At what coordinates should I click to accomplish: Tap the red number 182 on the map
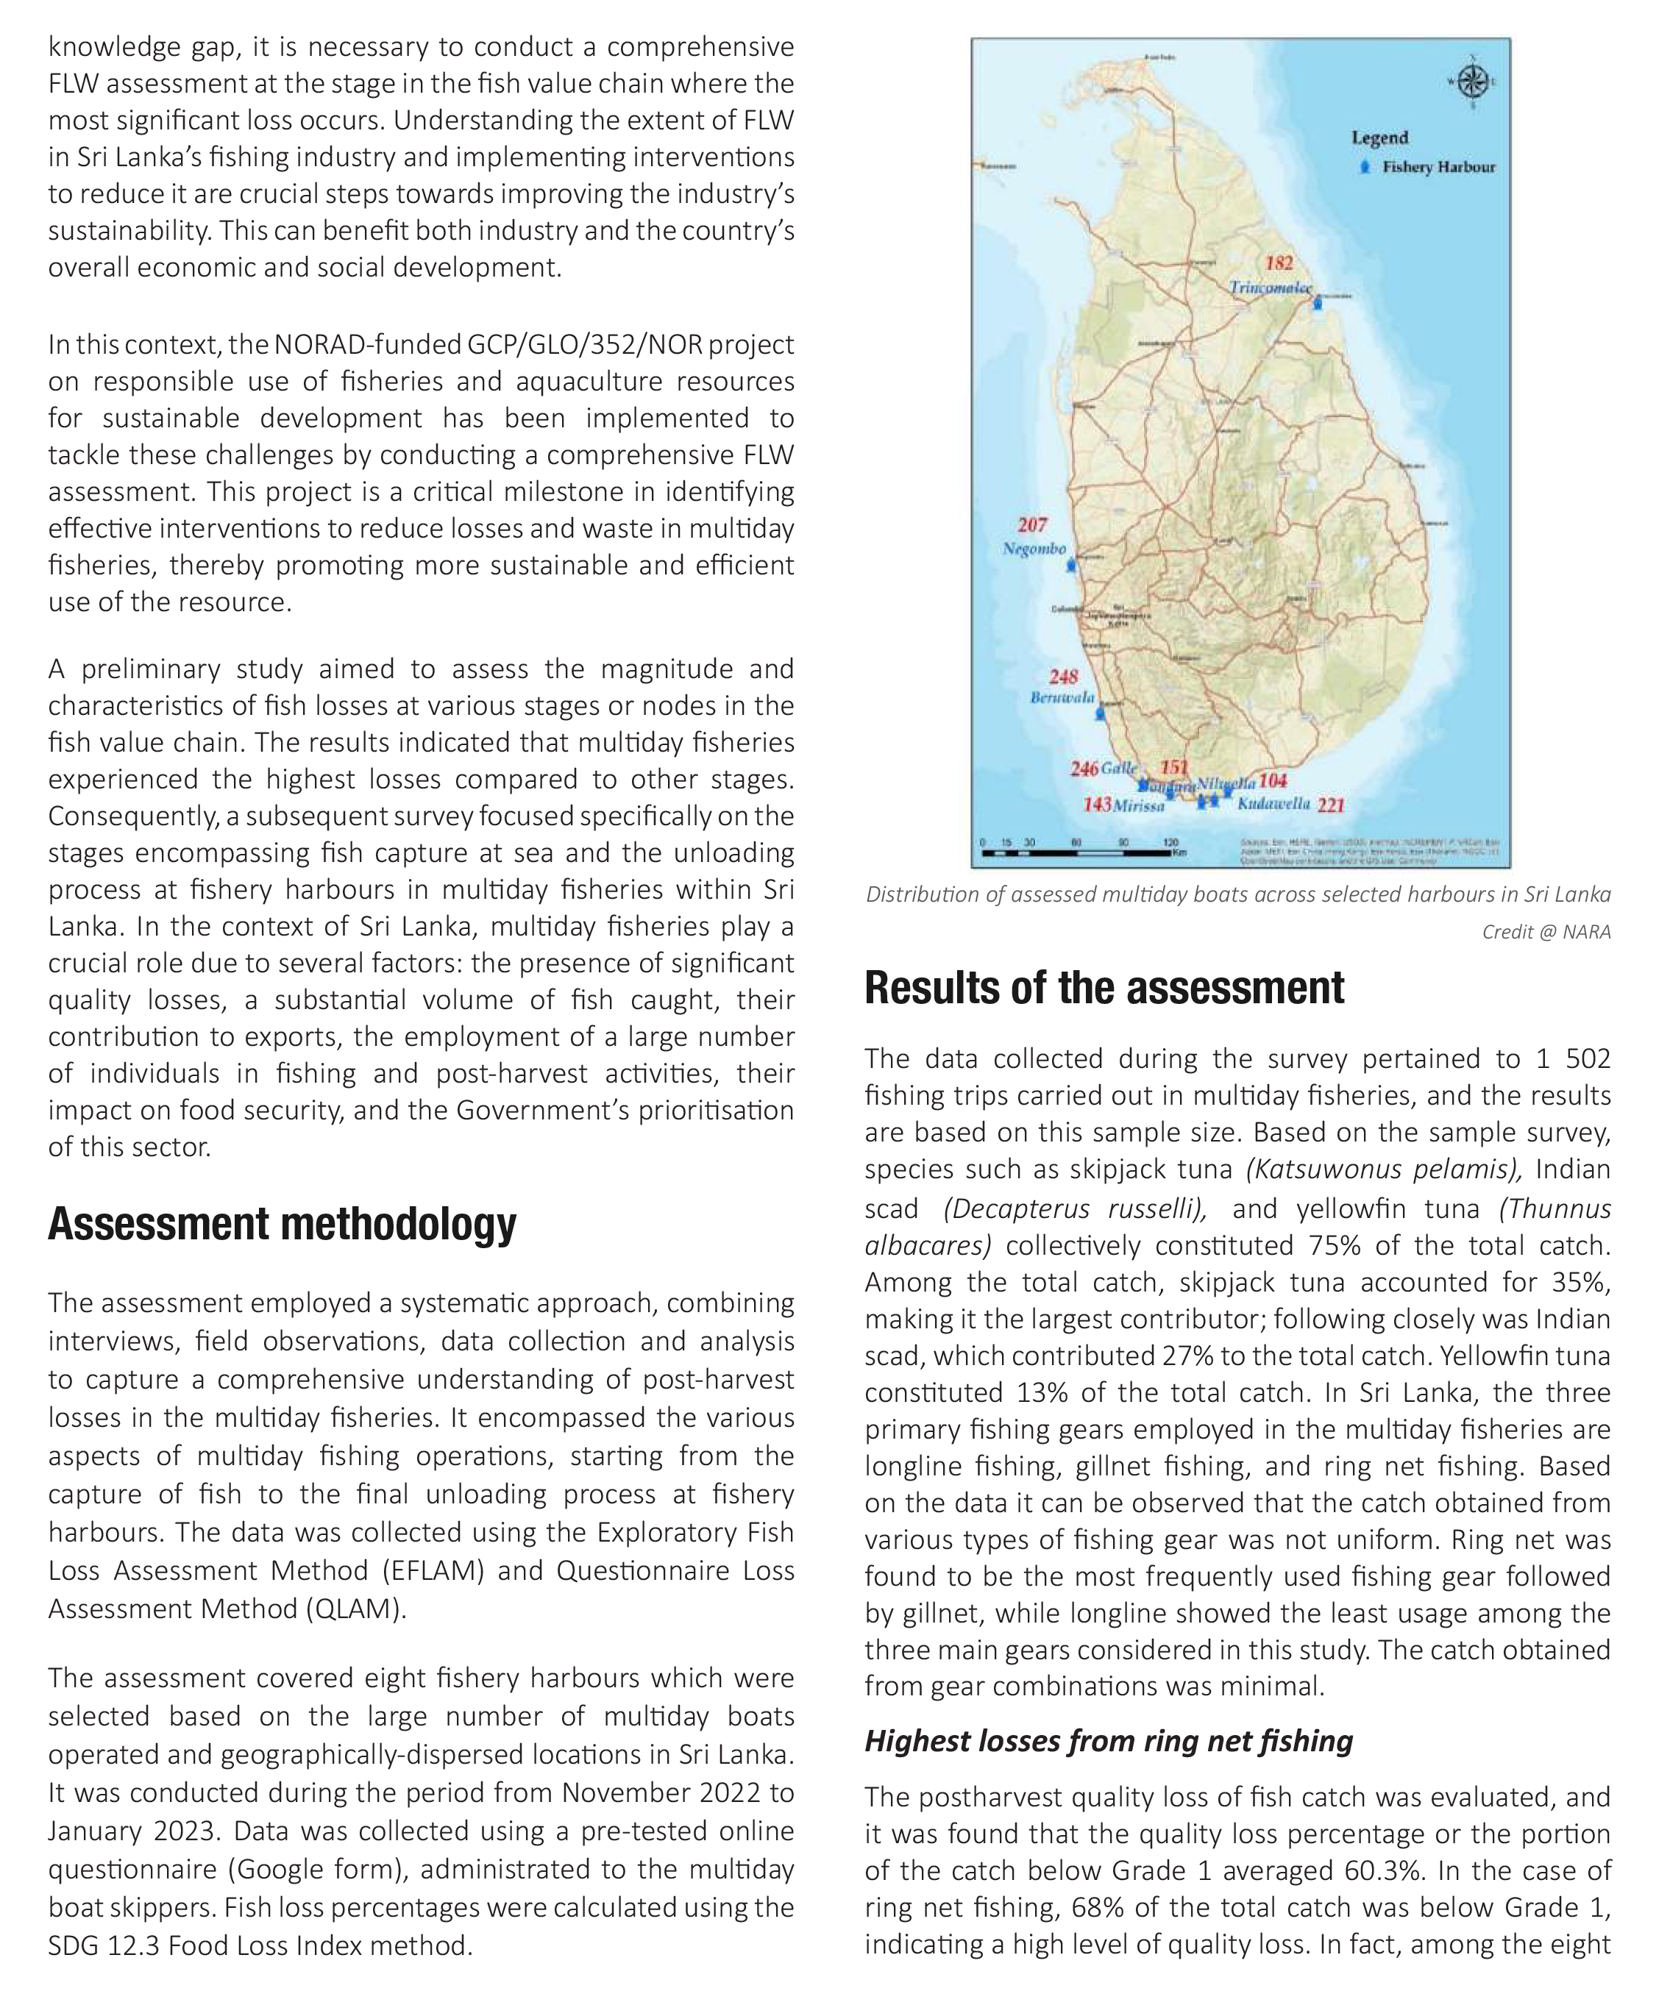tap(1279, 263)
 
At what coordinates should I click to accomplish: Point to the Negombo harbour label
tap(1034, 549)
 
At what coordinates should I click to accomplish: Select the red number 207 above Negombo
tap(1032, 525)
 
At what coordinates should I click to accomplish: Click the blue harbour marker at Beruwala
tap(1101, 712)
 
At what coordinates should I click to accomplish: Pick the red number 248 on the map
tap(1063, 676)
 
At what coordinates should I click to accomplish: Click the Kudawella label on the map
tap(1273, 803)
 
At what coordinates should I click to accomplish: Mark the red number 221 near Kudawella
tap(1331, 805)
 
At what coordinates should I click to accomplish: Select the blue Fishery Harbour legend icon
tap(1365, 167)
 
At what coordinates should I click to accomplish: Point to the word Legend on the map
tap(1379, 138)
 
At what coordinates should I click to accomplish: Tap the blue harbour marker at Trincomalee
tap(1318, 302)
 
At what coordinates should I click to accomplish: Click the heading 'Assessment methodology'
tap(282, 1225)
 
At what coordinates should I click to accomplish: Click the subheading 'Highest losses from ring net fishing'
tap(1109, 1742)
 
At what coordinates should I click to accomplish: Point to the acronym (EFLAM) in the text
tap(433, 1570)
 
